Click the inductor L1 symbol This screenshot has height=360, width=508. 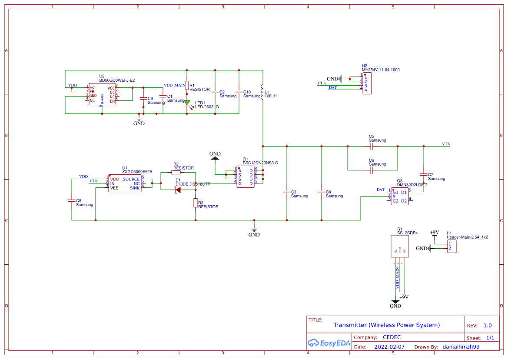[x=262, y=92]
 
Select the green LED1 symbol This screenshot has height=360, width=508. [x=187, y=103]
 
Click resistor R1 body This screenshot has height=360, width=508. [x=187, y=86]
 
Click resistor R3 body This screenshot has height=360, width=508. [x=196, y=203]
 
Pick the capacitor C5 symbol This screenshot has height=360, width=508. [x=372, y=147]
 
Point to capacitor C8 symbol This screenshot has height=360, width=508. [x=72, y=201]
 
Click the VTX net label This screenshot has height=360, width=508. [x=446, y=144]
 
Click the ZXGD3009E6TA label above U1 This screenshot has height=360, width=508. [x=137, y=172]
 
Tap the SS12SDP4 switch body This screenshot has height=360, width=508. [x=400, y=247]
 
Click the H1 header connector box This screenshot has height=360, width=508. [x=452, y=247]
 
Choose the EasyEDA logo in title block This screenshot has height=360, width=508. [x=329, y=343]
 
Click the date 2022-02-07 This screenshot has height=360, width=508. [x=389, y=347]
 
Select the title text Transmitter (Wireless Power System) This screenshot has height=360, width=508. [x=386, y=325]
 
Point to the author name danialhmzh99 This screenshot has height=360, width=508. [x=461, y=347]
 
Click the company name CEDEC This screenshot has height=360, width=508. [x=392, y=337]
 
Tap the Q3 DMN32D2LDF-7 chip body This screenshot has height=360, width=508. [x=399, y=197]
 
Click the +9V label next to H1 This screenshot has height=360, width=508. [x=434, y=233]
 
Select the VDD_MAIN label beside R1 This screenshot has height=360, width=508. [x=174, y=85]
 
